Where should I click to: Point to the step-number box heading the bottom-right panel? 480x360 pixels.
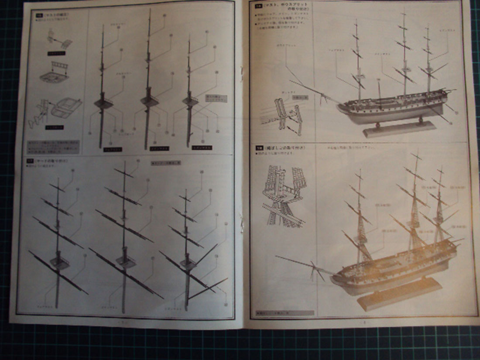(258, 148)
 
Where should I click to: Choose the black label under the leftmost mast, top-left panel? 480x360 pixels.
(113, 149)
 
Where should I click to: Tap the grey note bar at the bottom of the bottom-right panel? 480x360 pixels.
(285, 313)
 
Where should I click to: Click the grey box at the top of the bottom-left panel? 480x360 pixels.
(166, 163)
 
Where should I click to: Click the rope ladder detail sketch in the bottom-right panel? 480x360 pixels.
(284, 196)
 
